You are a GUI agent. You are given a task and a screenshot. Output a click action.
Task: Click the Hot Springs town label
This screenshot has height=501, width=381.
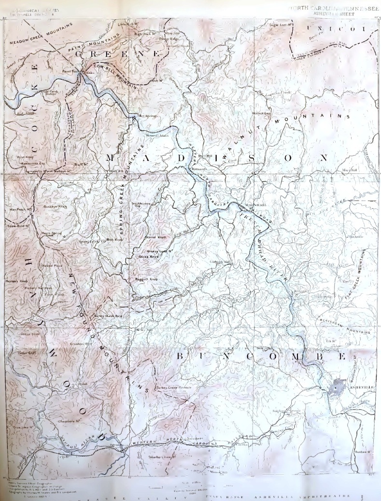point(147,116)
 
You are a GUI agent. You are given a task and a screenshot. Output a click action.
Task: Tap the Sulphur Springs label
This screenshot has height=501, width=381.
point(286,411)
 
